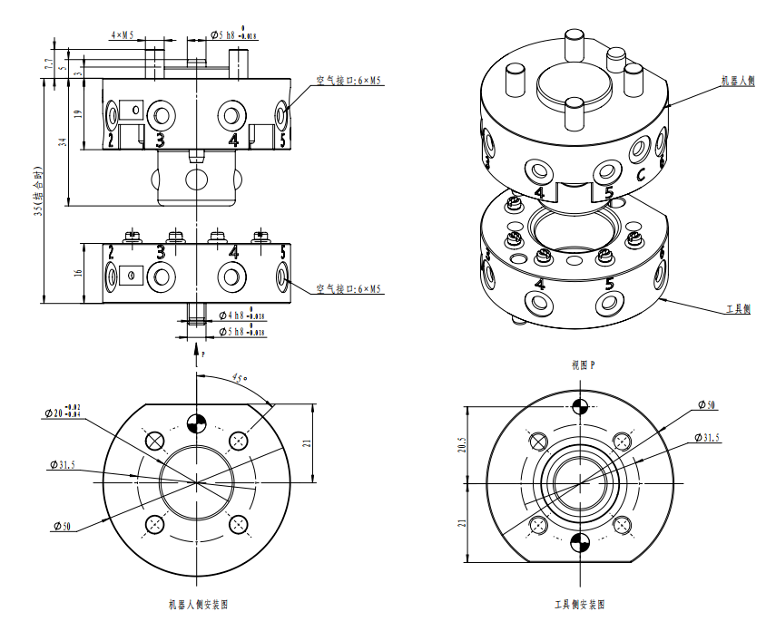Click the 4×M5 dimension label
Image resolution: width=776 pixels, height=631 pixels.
pos(122,35)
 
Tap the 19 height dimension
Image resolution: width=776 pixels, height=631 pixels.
pos(77,114)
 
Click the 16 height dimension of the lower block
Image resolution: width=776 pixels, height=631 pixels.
pos(77,273)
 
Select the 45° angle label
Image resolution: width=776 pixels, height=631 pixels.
pos(238,375)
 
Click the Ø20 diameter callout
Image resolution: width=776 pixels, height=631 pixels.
pos(63,413)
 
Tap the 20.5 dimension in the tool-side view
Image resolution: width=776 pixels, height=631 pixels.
pos(461,447)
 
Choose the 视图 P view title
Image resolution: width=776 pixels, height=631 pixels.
pos(584,365)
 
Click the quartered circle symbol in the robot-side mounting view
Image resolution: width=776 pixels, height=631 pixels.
pos(195,421)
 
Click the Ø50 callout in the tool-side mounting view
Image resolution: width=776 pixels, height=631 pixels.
pos(705,404)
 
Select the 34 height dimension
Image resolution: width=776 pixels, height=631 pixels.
pos(63,141)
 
